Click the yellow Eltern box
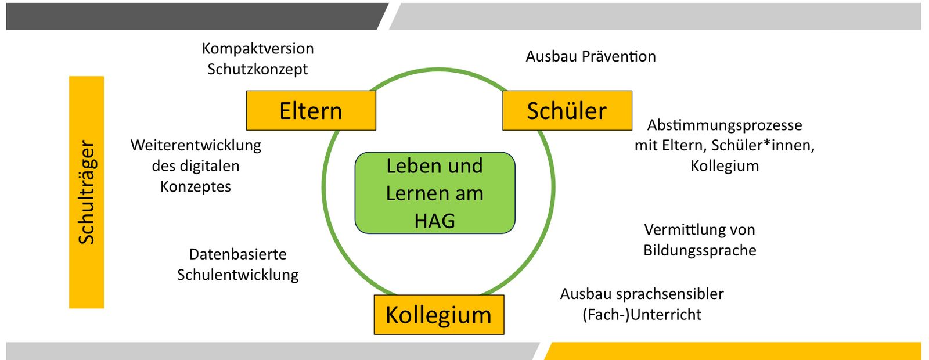(x=311, y=110)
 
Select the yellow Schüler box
(x=567, y=110)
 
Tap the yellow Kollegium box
(x=438, y=315)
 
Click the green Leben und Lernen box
(x=435, y=193)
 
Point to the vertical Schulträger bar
(x=87, y=192)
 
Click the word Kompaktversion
(x=258, y=48)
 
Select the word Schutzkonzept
(x=258, y=69)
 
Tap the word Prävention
(x=619, y=56)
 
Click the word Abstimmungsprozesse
(x=725, y=125)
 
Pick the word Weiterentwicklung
(x=196, y=145)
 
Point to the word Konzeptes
(x=196, y=186)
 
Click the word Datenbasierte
(x=237, y=254)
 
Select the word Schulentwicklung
(x=237, y=275)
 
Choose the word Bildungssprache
(x=700, y=250)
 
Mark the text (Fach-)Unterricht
(x=642, y=315)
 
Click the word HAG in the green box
(x=435, y=221)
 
